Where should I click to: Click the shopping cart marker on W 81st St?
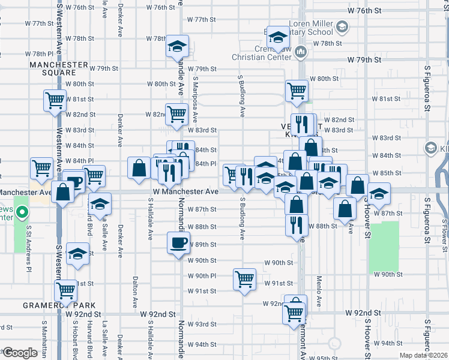[55, 100]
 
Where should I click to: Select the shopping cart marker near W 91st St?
[245, 279]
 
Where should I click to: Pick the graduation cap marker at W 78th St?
[178, 46]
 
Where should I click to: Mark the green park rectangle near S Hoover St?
[384, 247]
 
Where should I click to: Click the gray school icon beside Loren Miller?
[341, 26]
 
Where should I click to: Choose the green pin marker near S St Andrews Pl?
[22, 212]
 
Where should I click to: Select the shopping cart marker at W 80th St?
[297, 91]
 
